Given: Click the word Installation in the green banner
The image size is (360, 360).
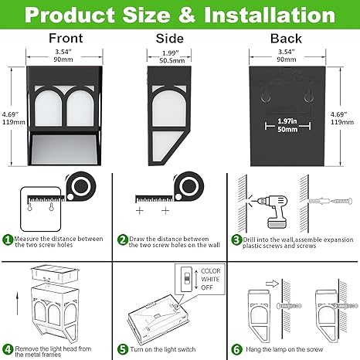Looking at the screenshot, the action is click(270, 15).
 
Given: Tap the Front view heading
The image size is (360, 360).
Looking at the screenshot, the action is click(66, 38).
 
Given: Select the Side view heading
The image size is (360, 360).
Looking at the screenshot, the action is click(170, 39).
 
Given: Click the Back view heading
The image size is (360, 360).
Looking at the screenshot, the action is click(286, 39).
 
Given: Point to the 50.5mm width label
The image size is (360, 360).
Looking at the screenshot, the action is click(172, 61).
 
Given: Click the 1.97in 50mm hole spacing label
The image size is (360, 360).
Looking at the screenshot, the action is click(287, 125).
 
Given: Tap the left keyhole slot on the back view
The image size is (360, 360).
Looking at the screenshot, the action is click(266, 97).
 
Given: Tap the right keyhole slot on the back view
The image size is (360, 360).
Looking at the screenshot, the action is click(308, 97).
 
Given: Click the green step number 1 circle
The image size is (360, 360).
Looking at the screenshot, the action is click(8, 240).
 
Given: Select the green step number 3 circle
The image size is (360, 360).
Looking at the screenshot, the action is click(236, 240).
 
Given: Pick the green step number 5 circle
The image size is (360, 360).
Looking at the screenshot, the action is click(123, 349).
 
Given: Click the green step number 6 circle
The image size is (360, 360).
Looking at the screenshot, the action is click(236, 349).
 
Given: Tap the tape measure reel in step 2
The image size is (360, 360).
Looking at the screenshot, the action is click(188, 186).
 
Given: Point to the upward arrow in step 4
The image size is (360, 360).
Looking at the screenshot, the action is click(17, 303).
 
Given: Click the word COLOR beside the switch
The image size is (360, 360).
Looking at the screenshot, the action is click(211, 271).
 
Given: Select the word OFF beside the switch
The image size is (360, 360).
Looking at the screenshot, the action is click(207, 287).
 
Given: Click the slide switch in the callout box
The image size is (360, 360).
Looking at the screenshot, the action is click(186, 279).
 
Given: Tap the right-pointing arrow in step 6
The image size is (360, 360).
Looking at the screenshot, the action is click(272, 284).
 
